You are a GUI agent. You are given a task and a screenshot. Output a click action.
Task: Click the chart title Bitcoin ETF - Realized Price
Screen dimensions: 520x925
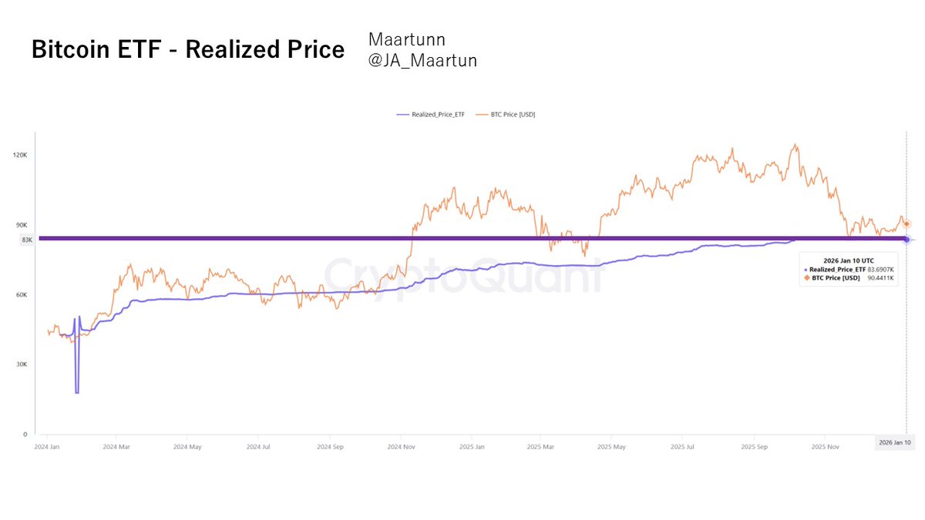[x=187, y=49]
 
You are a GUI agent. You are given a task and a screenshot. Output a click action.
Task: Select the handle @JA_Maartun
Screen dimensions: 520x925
[x=422, y=60]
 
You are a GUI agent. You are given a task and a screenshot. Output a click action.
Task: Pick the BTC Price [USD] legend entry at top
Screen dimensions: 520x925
[x=506, y=114]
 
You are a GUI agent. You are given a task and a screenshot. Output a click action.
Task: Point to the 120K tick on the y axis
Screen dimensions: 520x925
[x=19, y=155]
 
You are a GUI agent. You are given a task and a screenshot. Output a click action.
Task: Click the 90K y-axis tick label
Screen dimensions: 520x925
[x=21, y=225]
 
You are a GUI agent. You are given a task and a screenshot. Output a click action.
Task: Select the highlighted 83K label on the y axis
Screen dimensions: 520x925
[x=27, y=240]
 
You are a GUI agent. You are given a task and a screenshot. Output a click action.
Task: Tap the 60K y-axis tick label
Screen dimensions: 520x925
[x=21, y=294]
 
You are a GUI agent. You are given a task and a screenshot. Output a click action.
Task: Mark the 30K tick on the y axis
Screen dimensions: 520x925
[x=21, y=364]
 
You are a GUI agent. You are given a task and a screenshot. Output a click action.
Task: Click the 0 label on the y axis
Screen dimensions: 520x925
[x=25, y=434]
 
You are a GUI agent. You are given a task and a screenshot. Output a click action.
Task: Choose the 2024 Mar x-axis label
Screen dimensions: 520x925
[x=119, y=446]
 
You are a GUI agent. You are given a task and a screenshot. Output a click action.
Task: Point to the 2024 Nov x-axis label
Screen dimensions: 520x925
[x=401, y=446]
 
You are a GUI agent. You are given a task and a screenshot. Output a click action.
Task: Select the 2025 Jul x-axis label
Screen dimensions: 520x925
[x=683, y=446]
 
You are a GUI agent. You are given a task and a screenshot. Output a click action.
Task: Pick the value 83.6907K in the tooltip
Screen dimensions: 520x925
[x=880, y=269]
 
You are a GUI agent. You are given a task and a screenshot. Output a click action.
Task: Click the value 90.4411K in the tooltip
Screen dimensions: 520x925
[x=880, y=277]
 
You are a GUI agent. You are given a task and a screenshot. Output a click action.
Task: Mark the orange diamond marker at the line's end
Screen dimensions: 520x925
[x=906, y=223]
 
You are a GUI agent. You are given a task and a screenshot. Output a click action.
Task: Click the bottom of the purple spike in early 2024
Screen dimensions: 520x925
[x=76, y=393]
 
